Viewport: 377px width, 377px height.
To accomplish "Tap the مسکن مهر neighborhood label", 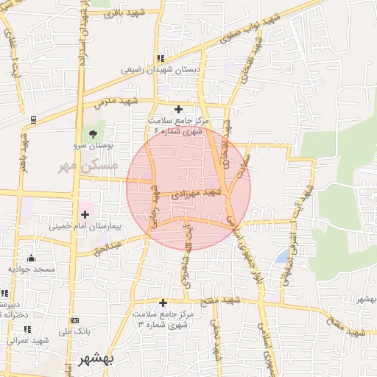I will (x=82, y=166).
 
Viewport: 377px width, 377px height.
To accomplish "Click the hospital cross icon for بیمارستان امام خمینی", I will (x=85, y=215).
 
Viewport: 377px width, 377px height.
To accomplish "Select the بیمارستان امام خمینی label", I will (x=88, y=227).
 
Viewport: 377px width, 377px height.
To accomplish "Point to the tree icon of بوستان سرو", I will (x=93, y=134).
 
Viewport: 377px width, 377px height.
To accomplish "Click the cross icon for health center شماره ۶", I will (x=177, y=109).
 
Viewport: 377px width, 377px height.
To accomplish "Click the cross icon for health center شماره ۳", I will (x=163, y=303).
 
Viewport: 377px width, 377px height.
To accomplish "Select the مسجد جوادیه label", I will (x=32, y=269).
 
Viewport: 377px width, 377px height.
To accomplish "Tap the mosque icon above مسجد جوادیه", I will (x=31, y=258).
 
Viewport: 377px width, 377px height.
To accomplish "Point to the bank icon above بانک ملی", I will (x=74, y=320).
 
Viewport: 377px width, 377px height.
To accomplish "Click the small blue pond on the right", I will (x=283, y=256).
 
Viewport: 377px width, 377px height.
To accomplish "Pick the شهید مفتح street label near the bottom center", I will (x=225, y=300).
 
